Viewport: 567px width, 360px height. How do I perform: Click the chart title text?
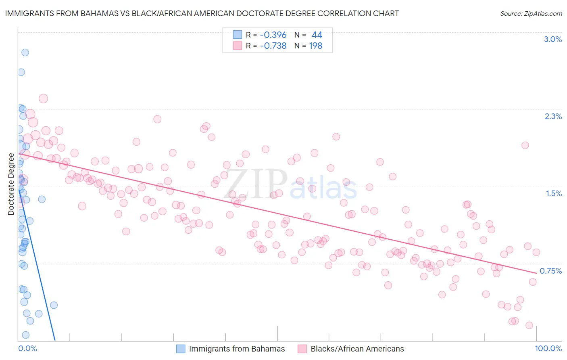click(202, 13)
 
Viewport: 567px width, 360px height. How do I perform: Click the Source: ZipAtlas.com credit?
click(531, 13)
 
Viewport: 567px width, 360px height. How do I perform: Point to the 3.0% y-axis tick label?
click(553, 39)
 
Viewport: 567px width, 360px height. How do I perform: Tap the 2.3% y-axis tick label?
click(553, 116)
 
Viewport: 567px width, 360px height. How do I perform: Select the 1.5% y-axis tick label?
click(554, 193)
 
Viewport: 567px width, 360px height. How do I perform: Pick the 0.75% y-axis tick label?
click(551, 271)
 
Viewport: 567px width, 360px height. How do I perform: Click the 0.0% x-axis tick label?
click(27, 348)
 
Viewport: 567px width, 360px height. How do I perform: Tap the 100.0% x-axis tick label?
click(548, 348)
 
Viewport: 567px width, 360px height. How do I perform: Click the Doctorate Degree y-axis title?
click(11, 184)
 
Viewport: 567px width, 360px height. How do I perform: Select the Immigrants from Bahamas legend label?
click(237, 349)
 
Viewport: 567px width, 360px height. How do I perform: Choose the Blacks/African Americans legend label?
click(357, 349)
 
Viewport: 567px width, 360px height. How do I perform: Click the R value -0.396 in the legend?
click(273, 35)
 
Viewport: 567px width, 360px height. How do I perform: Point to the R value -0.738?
click(273, 46)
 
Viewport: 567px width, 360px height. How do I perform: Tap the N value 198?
click(315, 46)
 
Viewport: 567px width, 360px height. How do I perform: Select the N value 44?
click(317, 35)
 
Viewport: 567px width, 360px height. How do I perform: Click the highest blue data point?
click(25, 52)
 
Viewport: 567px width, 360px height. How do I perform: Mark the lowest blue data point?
click(25, 335)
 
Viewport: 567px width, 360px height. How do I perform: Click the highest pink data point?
click(43, 98)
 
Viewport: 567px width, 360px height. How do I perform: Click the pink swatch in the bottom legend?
click(302, 349)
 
